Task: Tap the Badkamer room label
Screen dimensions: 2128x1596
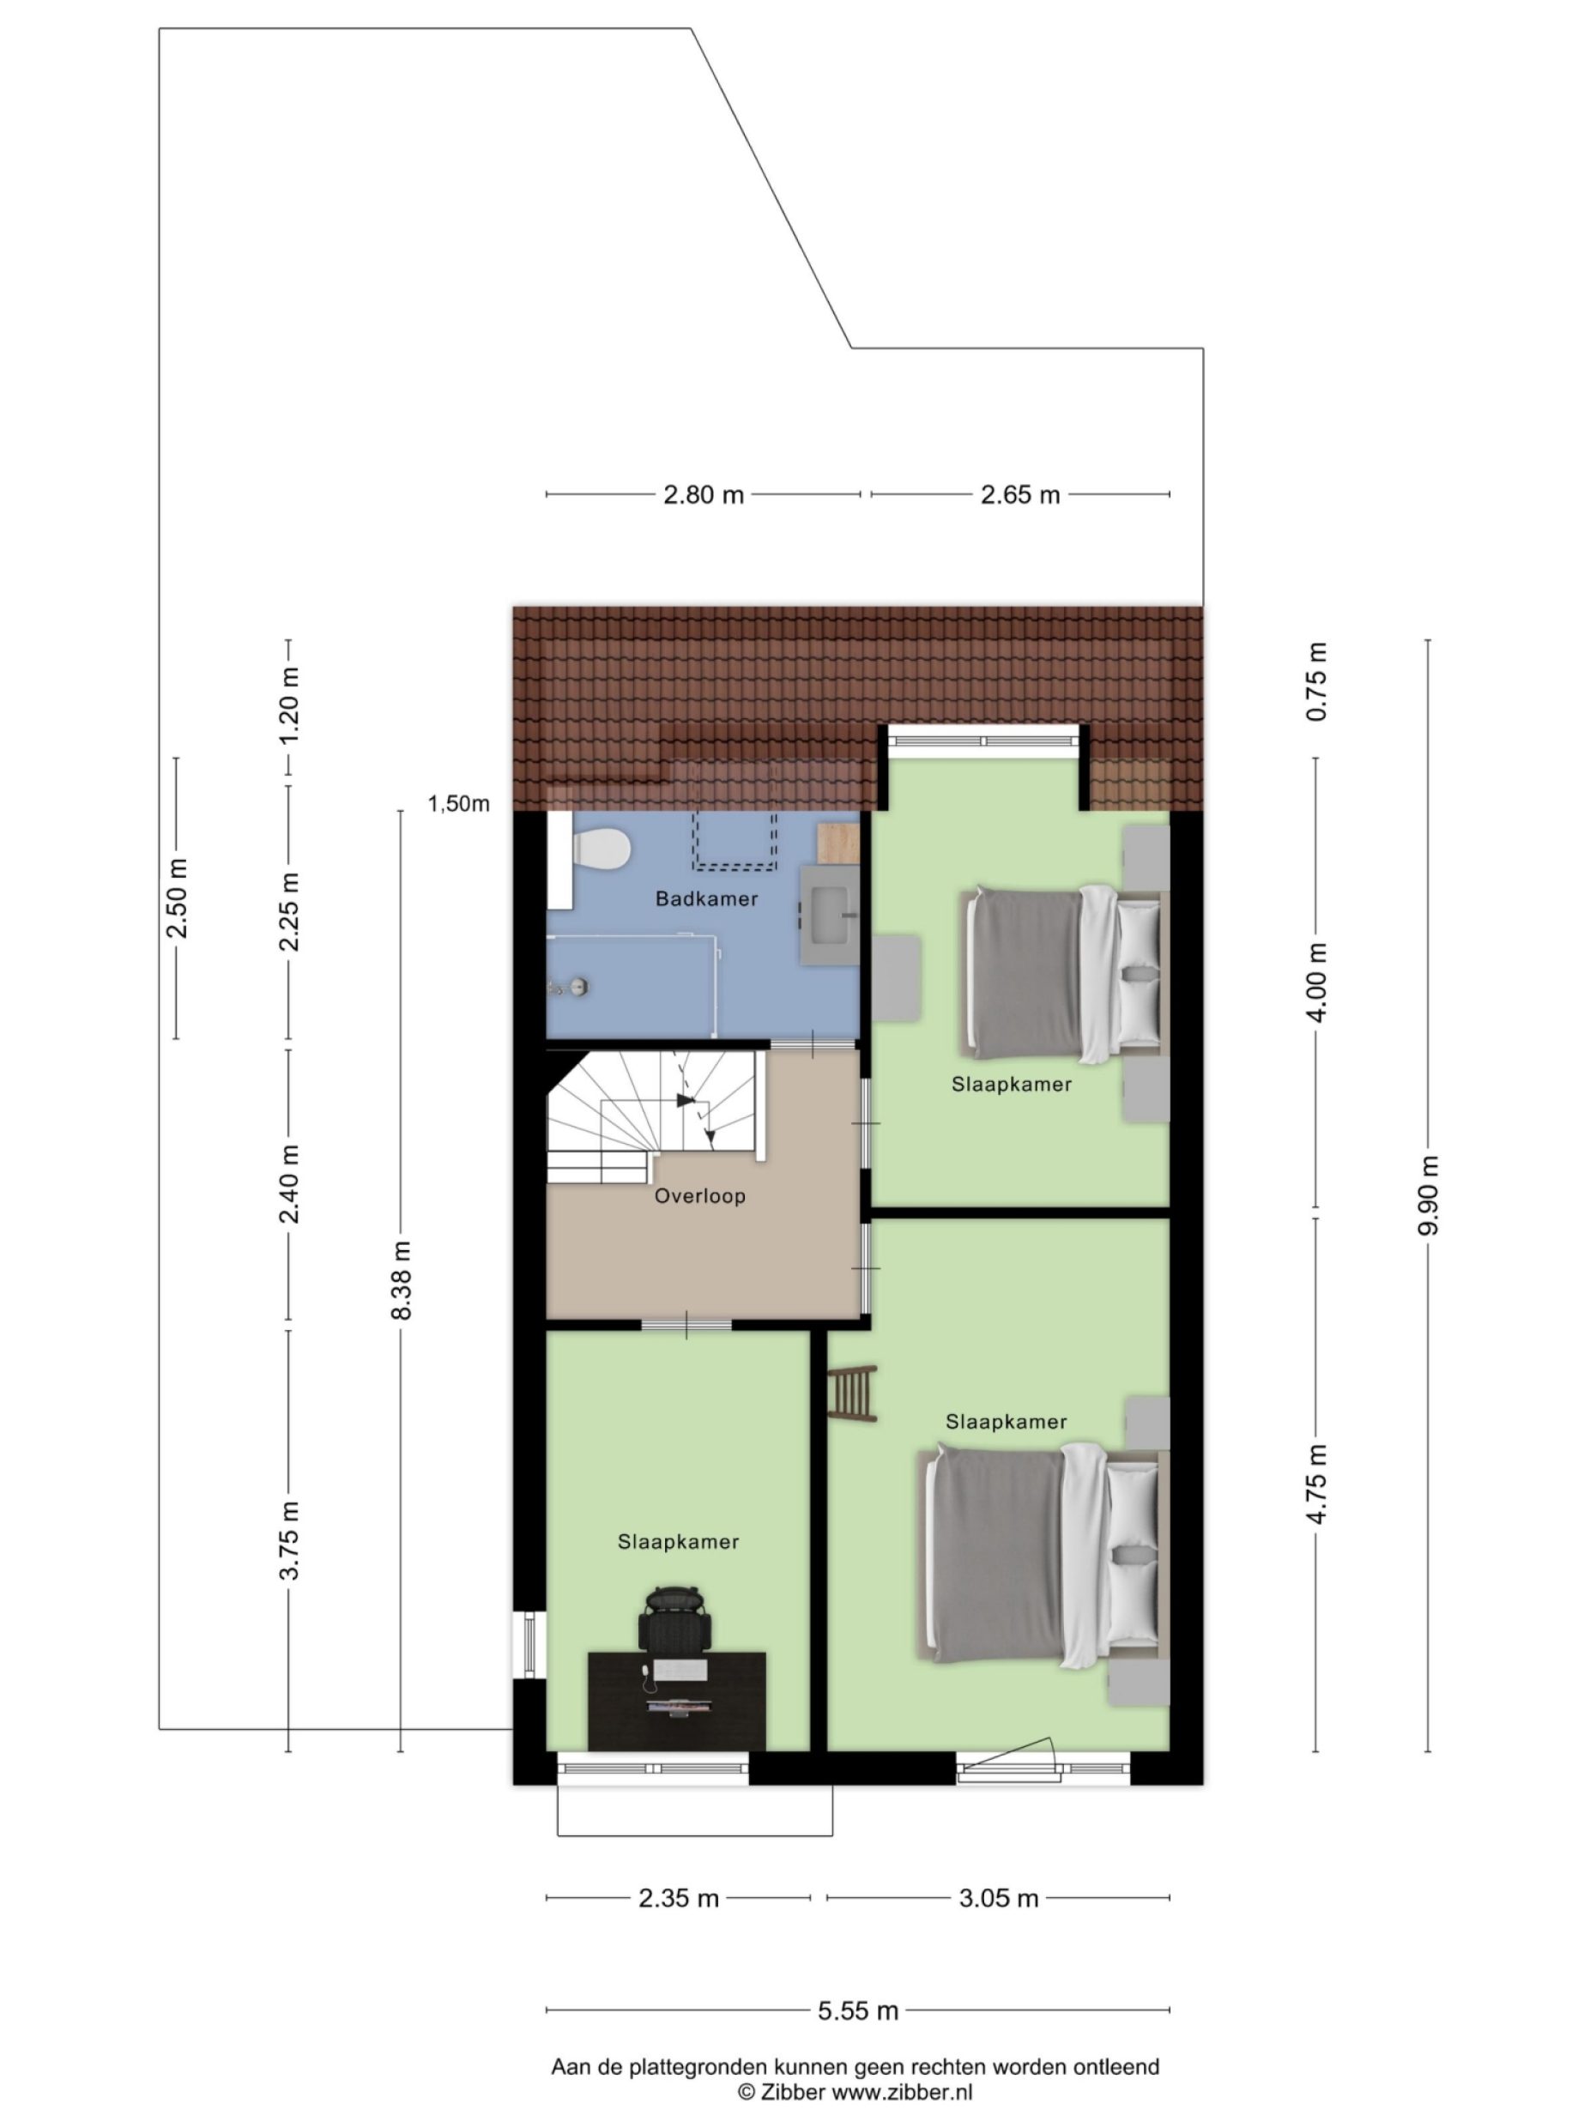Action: [x=706, y=898]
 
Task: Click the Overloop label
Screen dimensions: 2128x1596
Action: [x=699, y=1196]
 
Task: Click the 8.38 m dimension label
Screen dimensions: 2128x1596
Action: [x=402, y=1279]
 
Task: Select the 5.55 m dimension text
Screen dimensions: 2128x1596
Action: [x=857, y=2010]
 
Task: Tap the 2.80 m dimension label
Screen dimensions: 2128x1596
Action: [x=704, y=494]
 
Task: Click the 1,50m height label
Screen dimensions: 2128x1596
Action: [x=459, y=804]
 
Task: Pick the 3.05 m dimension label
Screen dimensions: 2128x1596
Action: [x=998, y=1898]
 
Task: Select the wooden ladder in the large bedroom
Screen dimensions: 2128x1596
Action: [x=852, y=1392]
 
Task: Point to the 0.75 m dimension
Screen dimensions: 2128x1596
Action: [x=1316, y=681]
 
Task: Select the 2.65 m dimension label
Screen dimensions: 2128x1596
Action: [x=1019, y=494]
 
